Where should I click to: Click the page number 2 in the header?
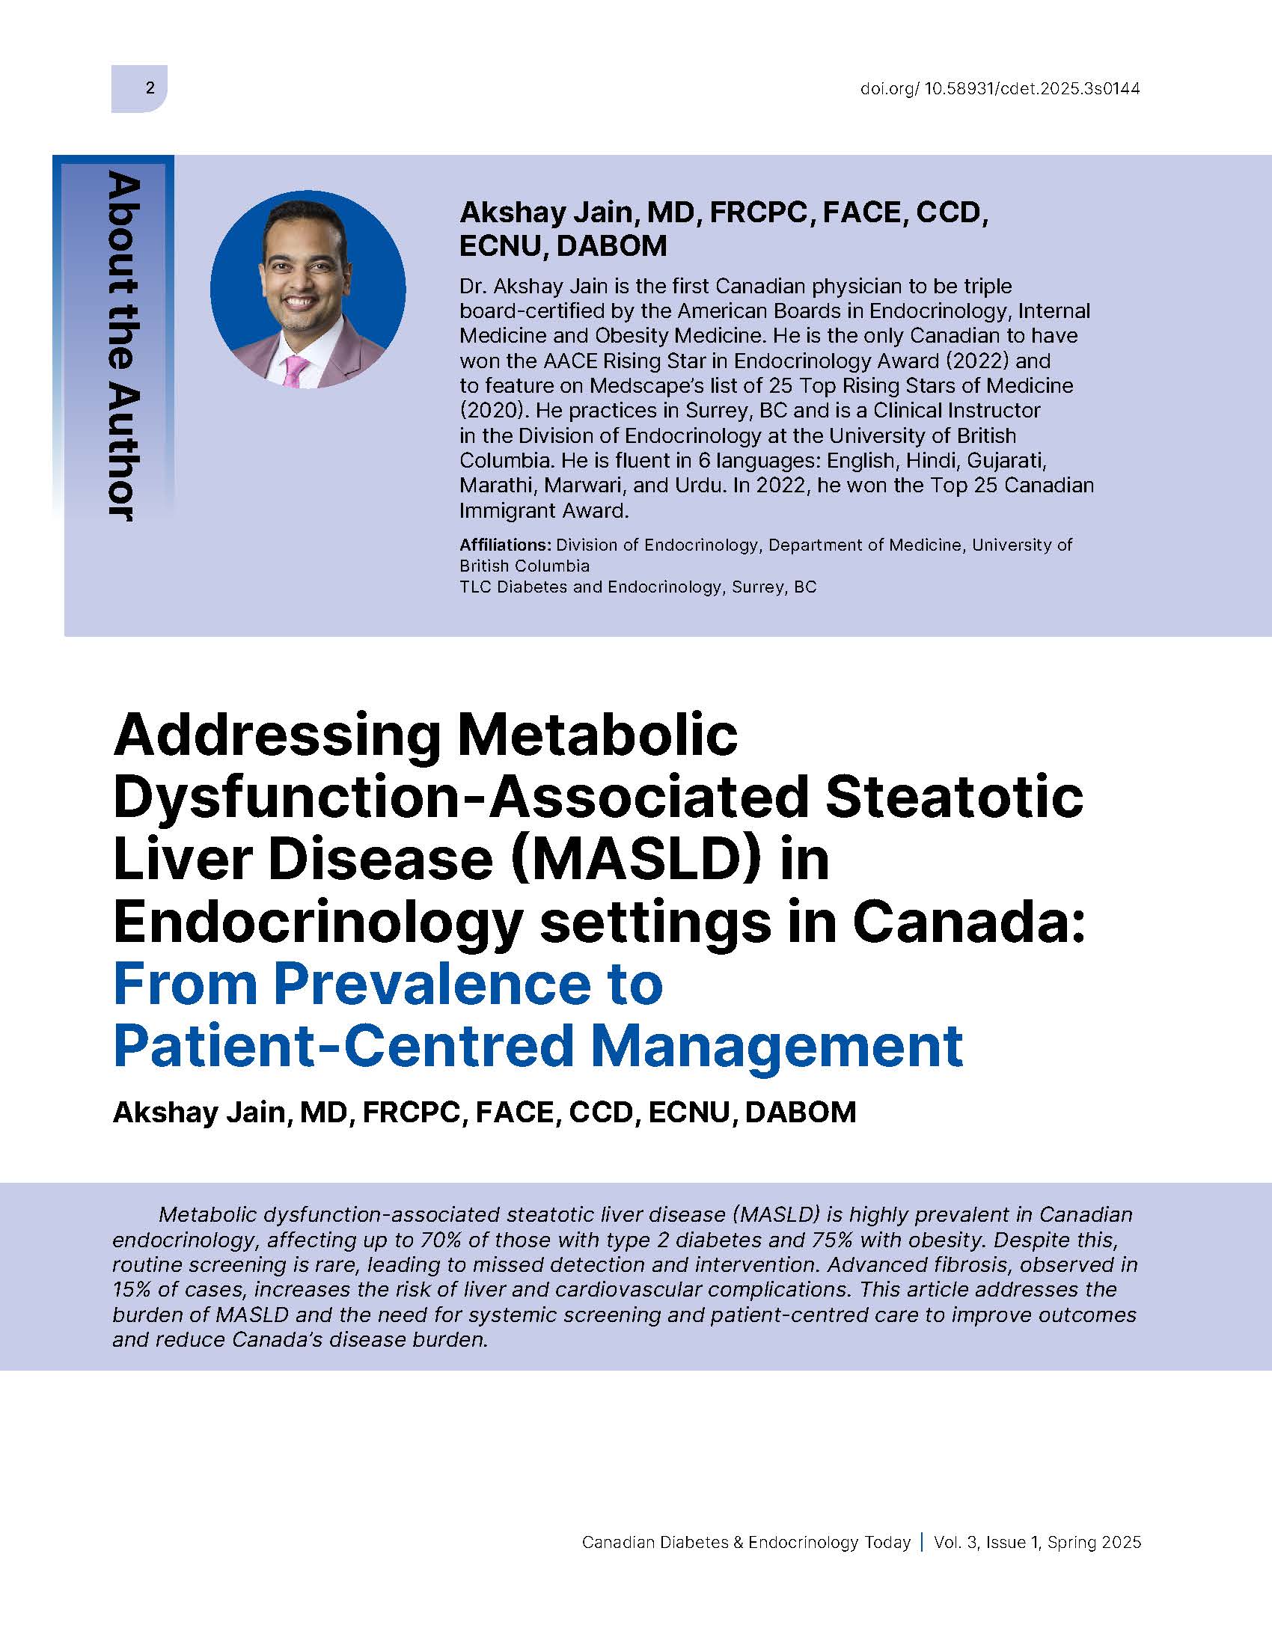(x=150, y=88)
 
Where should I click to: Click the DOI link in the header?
(x=999, y=89)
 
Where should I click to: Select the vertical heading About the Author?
(x=120, y=346)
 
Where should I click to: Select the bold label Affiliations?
(x=506, y=544)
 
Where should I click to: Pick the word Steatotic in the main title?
(x=955, y=798)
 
